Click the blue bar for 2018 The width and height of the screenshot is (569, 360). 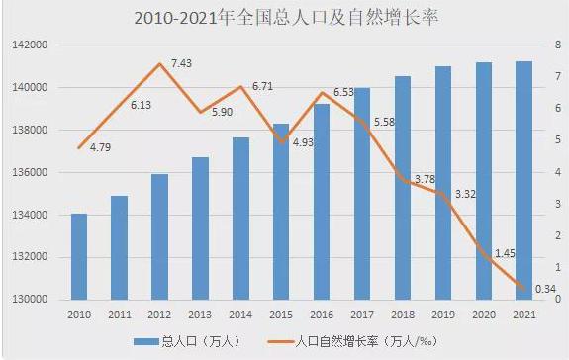(403, 188)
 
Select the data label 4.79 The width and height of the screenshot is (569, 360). (100, 147)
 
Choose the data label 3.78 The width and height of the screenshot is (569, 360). (424, 179)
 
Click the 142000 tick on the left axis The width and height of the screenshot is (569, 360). (30, 45)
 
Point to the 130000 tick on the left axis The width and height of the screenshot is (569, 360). (30, 300)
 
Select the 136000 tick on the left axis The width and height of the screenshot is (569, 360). (30, 172)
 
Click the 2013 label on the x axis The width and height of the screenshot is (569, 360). (200, 315)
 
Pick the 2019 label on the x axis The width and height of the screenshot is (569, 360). (443, 315)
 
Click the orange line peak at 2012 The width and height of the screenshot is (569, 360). (159, 64)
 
